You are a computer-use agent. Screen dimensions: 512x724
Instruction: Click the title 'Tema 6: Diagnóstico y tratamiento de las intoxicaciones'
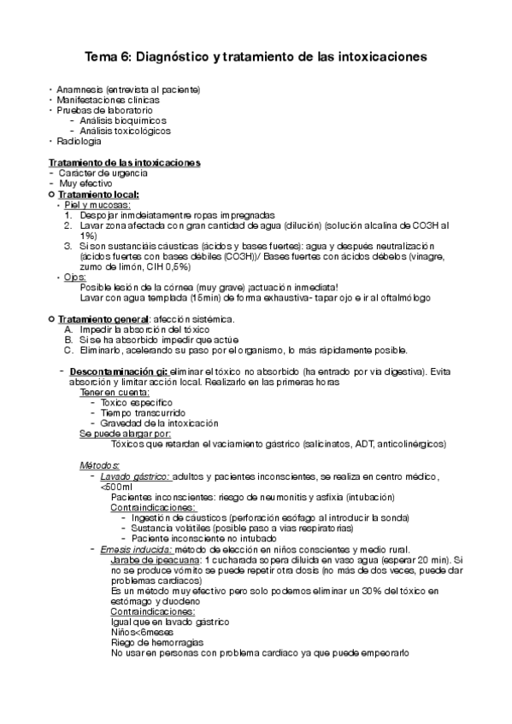[256, 56]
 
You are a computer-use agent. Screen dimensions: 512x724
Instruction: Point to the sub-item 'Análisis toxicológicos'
[126, 131]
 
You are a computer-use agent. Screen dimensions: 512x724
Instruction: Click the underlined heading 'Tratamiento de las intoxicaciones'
[125, 162]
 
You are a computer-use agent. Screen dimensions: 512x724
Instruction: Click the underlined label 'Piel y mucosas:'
[97, 205]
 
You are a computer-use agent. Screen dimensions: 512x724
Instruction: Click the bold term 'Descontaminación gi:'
[119, 373]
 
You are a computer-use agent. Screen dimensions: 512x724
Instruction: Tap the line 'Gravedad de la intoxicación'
[160, 423]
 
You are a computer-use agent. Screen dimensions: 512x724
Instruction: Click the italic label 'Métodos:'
[100, 464]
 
